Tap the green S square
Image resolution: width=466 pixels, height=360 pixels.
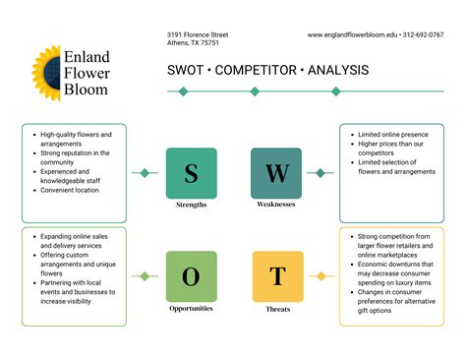point(192,173)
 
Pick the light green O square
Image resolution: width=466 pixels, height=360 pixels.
point(192,276)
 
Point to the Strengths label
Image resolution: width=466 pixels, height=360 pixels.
point(192,205)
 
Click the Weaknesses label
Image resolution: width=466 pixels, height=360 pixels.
point(276,205)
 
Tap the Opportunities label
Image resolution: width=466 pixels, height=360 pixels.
point(192,308)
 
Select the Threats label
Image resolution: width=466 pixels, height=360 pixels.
point(277,308)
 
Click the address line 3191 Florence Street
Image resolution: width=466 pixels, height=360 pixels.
point(199,35)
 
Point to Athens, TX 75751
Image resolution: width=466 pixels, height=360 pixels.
point(194,44)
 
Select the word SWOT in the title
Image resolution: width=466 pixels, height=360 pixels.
point(185,70)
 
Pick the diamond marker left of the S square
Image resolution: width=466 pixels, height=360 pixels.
point(146,173)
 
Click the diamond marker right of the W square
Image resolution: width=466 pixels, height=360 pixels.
point(320,173)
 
